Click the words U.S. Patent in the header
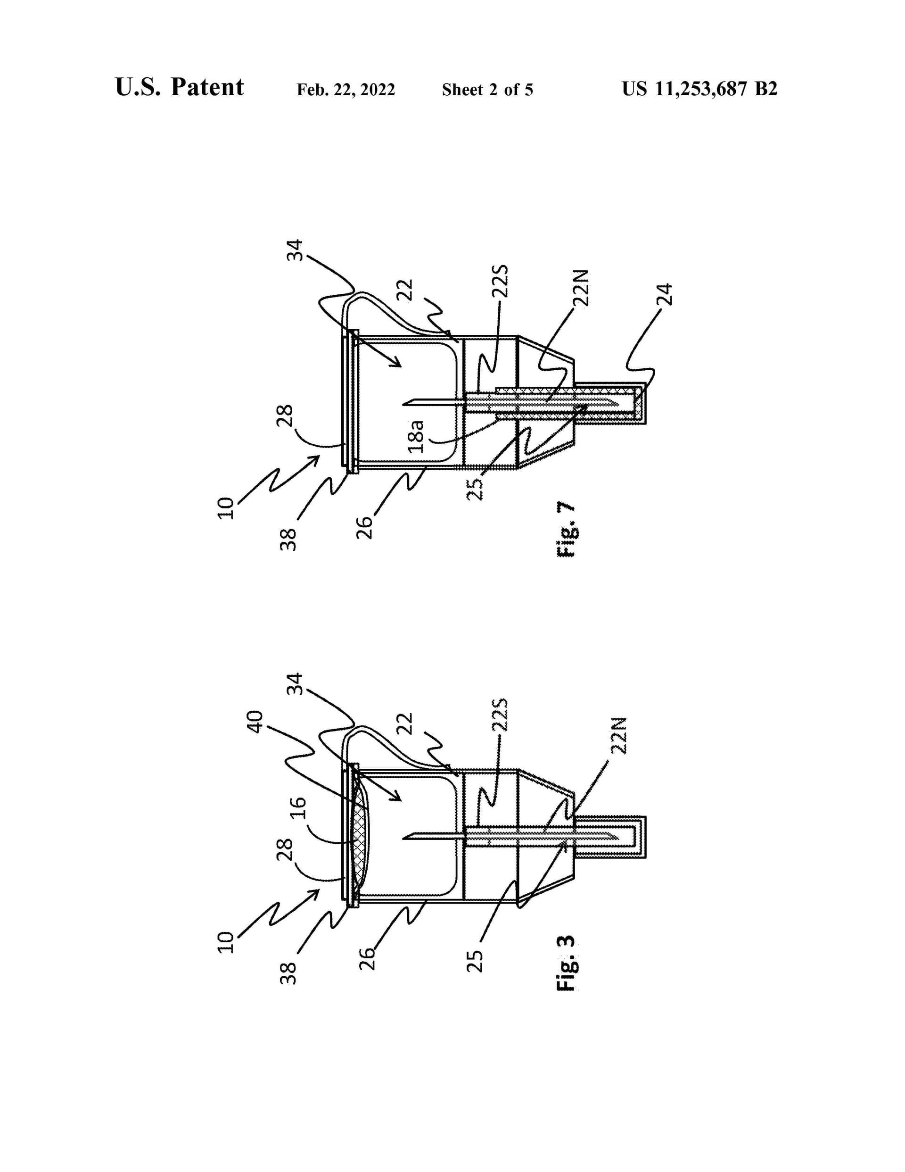[179, 87]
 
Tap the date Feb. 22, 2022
[346, 90]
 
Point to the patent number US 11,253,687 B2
[699, 89]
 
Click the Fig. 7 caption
[567, 529]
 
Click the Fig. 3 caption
[567, 963]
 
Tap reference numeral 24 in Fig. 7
[664, 294]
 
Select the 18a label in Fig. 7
[416, 436]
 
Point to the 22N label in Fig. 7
[581, 288]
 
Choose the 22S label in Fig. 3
[500, 716]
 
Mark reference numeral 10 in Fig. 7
[226, 507]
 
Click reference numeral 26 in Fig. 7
[364, 527]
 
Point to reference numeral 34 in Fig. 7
[295, 250]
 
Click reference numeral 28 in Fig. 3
[285, 849]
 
